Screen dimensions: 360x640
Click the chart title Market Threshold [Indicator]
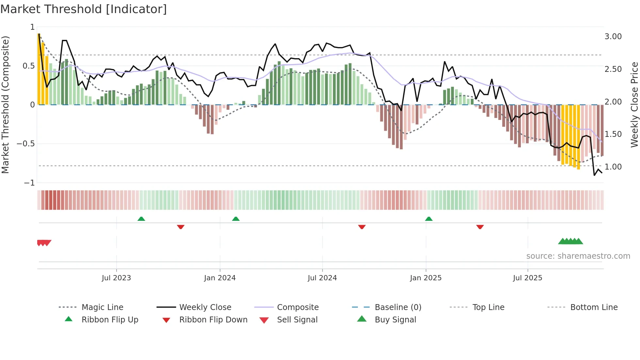[84, 9]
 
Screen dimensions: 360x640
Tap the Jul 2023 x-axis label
[116, 278]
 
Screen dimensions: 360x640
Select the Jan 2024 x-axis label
[220, 278]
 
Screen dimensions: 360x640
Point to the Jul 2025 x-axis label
[527, 278]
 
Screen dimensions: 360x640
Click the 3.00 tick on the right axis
[613, 37]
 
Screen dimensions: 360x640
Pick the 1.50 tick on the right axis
[613, 134]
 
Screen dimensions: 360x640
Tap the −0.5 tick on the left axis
[25, 144]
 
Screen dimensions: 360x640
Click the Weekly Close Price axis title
[634, 105]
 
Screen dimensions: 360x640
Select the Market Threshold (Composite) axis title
[5, 105]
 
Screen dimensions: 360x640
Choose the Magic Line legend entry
[102, 307]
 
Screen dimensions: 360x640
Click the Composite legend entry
[297, 307]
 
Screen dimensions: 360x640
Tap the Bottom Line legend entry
[594, 307]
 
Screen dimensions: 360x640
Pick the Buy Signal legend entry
[395, 320]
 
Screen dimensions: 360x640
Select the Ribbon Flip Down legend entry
[213, 320]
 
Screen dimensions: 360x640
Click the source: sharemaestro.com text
[578, 256]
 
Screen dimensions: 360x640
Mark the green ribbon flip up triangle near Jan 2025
[429, 219]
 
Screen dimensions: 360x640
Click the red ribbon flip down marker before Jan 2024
[181, 227]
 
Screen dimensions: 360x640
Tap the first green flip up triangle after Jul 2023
[141, 219]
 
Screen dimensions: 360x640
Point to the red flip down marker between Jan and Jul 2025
[480, 227]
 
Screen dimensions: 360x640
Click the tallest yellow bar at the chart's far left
[39, 69]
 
